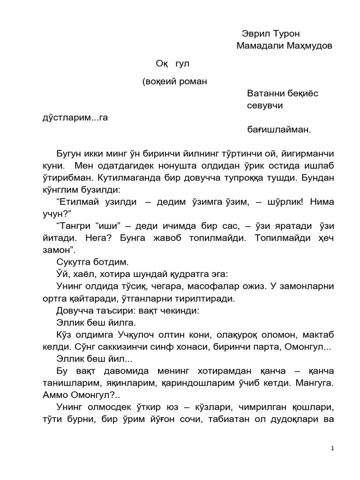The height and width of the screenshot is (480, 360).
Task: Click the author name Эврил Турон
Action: [270, 34]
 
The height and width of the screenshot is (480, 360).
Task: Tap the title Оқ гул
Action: [174, 63]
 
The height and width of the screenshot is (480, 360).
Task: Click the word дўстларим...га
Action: [75, 118]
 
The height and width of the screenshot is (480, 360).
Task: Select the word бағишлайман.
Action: [279, 130]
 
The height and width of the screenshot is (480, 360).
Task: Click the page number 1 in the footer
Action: [332, 449]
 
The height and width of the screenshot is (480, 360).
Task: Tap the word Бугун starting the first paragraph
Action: [70, 154]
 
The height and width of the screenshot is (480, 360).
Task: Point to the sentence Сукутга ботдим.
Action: [92, 262]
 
